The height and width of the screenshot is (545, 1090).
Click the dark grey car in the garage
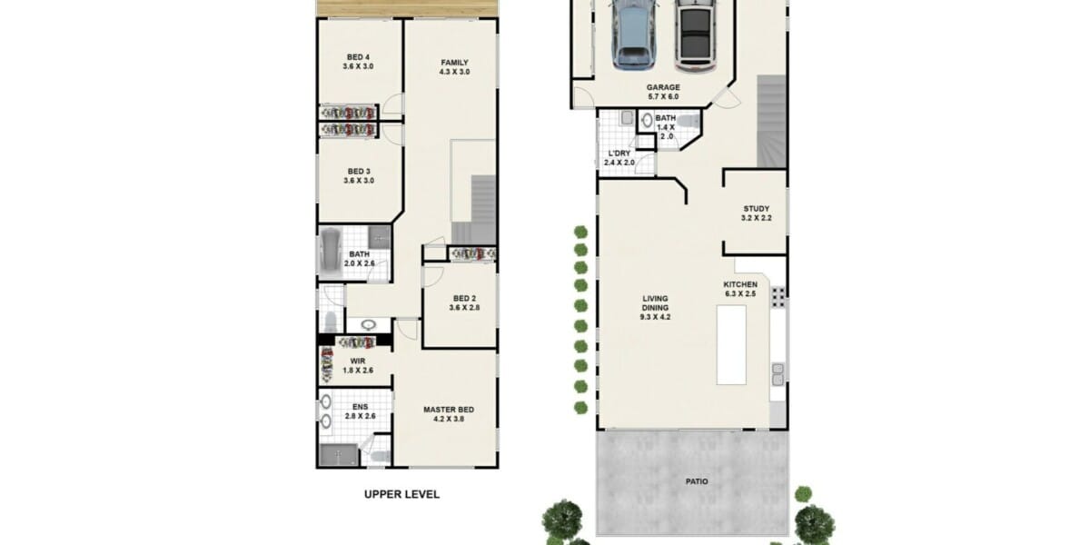[696, 35]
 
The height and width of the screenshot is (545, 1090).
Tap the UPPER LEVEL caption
[401, 494]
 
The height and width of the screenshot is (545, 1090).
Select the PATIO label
[697, 481]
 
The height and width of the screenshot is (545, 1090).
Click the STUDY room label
[756, 209]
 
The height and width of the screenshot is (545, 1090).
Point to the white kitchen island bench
[731, 345]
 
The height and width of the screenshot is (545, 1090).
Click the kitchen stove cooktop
[778, 297]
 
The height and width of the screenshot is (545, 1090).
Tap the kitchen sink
[778, 374]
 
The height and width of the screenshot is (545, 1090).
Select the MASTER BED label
[449, 410]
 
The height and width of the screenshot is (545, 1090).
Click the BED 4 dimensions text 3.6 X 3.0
[358, 66]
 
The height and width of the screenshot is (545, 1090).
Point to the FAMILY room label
[454, 63]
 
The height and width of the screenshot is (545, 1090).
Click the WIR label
[358, 362]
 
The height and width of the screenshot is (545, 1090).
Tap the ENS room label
[360, 407]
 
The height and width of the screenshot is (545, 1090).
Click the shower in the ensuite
[339, 455]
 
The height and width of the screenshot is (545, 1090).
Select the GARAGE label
[663, 87]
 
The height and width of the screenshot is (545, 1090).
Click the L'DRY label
[619, 154]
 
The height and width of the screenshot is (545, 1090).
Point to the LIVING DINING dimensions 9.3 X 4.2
[655, 317]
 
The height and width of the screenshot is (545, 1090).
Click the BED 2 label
[464, 298]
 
